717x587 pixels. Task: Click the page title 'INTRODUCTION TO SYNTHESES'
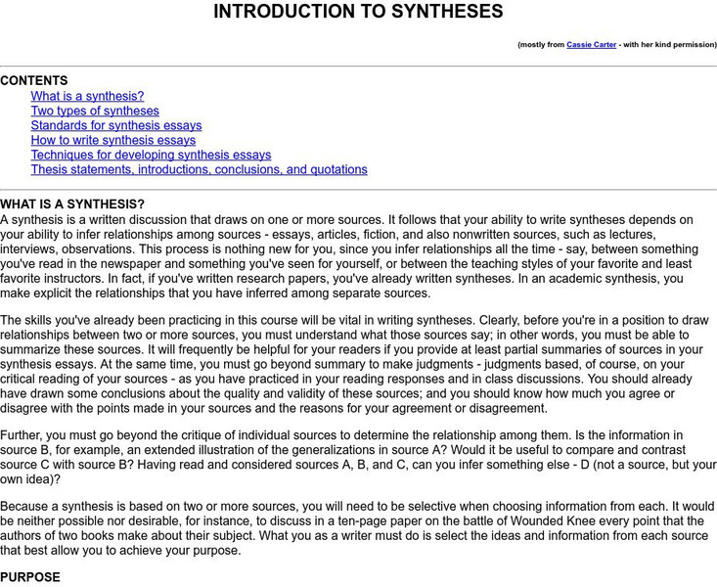[358, 12]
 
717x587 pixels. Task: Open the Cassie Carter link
[591, 45]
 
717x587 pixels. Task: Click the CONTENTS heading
[34, 81]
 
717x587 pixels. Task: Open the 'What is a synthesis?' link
[87, 96]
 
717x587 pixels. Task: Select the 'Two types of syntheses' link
[95, 111]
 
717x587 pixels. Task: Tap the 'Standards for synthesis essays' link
[116, 125]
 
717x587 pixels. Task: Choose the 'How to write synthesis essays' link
[112, 140]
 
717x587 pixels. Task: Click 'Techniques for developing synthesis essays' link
[151, 155]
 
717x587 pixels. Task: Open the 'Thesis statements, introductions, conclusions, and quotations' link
[199, 169]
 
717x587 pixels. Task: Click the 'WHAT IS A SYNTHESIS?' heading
[72, 204]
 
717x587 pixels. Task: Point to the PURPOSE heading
[30, 577]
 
